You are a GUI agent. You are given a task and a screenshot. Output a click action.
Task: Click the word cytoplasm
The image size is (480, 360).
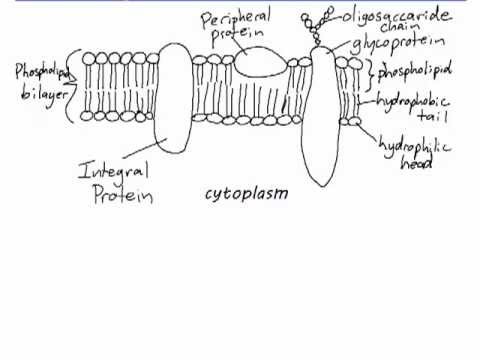coord(246,194)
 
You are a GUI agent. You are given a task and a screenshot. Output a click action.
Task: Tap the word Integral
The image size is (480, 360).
coord(113,170)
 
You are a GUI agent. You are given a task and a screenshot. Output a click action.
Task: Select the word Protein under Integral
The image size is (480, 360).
coord(123,194)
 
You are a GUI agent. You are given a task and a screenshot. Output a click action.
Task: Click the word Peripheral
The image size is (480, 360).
coord(235,19)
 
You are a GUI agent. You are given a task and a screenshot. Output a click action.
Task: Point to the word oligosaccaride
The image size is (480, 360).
coord(397,16)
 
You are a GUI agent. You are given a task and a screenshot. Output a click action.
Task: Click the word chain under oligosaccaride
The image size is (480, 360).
coord(400,27)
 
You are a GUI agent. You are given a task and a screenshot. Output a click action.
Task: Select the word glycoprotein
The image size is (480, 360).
coord(398,43)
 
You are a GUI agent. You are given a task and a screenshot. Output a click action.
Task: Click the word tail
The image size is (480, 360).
coord(433,116)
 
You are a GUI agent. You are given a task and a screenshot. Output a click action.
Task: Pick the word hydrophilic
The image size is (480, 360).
coord(415,146)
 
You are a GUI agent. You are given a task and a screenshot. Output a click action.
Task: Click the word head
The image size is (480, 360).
coord(416,162)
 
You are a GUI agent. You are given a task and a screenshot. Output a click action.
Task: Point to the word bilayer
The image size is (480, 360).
coord(44,95)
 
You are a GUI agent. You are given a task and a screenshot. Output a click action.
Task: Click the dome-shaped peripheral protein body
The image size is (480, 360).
coord(260,61)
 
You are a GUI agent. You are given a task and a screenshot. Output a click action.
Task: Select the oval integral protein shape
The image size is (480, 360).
coord(173,98)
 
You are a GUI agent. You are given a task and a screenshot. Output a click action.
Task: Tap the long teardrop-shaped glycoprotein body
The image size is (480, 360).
coord(321,117)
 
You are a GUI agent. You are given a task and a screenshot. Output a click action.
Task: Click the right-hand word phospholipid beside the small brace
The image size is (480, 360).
coord(414,71)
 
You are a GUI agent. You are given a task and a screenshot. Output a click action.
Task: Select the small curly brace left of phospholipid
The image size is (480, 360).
coord(371,75)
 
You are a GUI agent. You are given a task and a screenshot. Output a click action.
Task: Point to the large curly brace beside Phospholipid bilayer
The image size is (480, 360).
coord(73,86)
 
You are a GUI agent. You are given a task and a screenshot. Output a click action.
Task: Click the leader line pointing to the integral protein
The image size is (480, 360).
coord(144,148)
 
